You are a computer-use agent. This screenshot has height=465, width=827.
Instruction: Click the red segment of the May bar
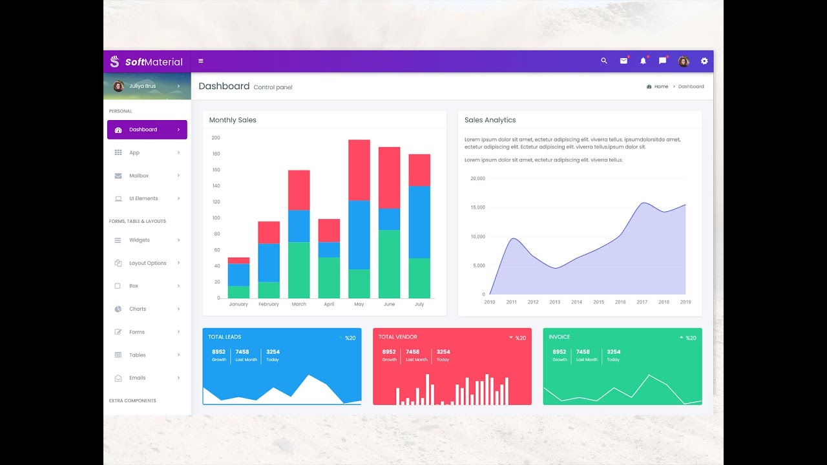359,170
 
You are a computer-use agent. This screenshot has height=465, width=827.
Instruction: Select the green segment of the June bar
389,263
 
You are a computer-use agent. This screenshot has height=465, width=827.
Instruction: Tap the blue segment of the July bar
419,222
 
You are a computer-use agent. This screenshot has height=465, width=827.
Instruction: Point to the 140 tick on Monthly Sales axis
216,186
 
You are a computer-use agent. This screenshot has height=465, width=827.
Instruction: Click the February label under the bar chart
269,304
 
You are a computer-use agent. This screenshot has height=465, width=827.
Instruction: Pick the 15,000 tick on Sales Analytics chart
477,207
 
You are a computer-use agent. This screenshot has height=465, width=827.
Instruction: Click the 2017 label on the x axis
642,302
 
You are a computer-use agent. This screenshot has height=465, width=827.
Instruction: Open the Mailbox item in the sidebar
139,176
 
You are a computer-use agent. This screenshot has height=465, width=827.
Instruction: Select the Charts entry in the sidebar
138,309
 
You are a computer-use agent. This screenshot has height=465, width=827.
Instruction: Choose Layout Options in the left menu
147,263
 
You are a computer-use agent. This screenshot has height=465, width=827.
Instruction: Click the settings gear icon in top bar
704,61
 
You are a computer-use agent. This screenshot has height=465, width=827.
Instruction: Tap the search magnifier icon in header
604,61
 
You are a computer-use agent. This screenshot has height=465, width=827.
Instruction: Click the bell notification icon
643,61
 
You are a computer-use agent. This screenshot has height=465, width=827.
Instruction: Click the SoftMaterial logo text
154,62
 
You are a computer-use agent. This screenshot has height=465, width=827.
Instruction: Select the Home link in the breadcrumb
661,87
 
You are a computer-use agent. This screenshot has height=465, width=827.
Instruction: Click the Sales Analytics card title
490,120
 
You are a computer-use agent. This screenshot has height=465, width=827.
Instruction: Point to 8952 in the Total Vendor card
389,352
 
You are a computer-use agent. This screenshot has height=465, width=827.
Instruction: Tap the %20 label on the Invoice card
691,338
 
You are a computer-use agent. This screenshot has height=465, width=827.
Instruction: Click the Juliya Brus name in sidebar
142,86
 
